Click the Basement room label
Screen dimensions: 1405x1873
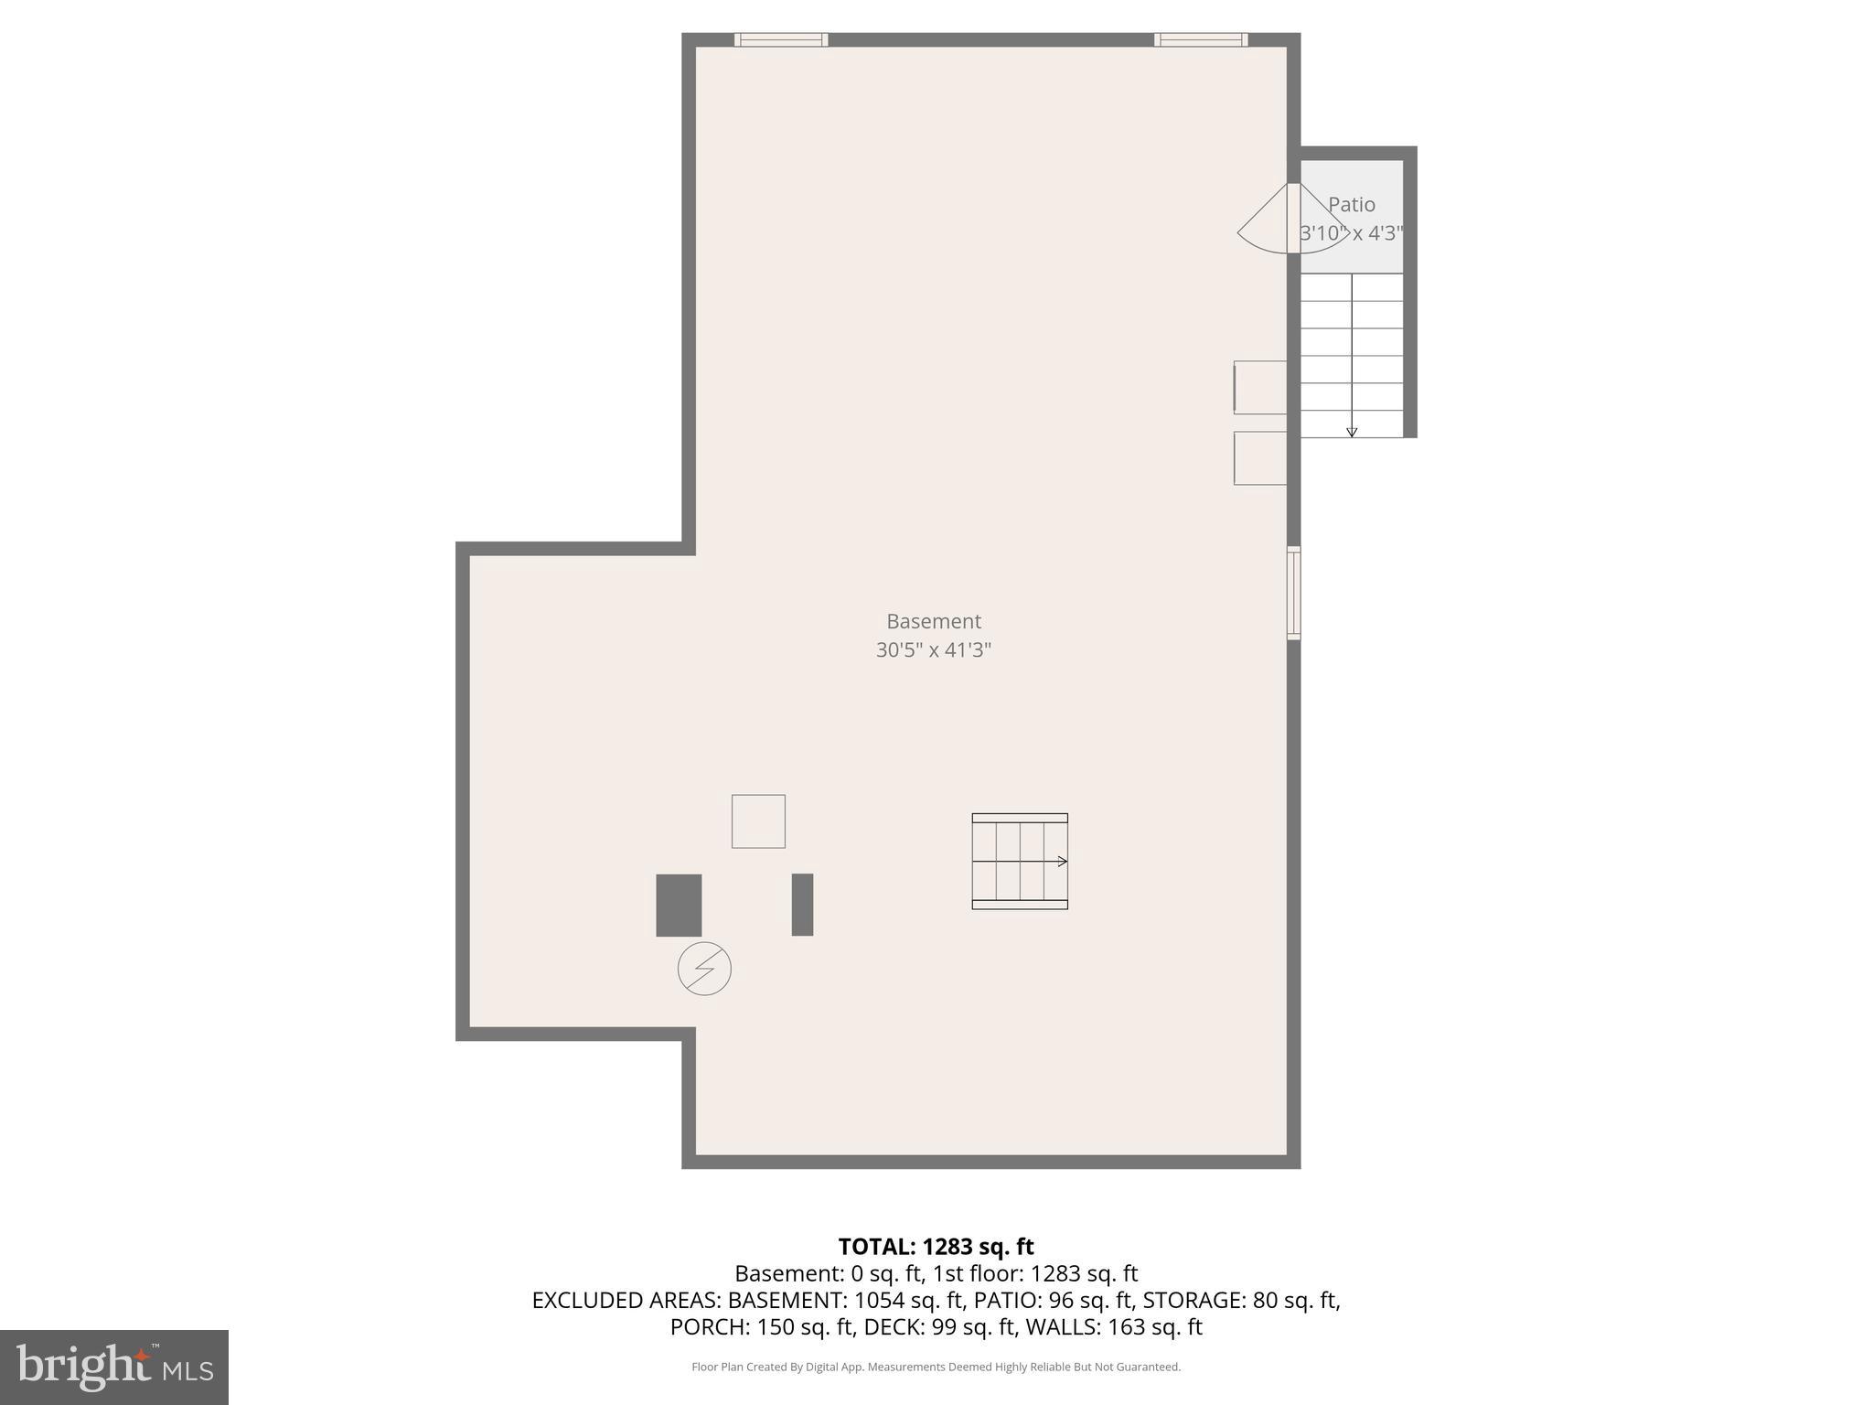click(933, 621)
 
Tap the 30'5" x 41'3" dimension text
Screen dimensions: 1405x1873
click(933, 650)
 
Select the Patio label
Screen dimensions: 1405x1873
click(1351, 205)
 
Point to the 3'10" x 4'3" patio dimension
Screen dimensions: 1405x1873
click(1351, 233)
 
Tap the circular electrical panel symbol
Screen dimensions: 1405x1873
click(704, 969)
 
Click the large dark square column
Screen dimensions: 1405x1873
click(679, 905)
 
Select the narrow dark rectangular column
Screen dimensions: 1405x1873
click(802, 905)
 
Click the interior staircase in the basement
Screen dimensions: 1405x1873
click(1019, 861)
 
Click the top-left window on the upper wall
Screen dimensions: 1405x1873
click(781, 39)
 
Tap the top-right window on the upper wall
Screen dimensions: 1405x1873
click(1200, 39)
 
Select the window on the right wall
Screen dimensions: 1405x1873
click(1293, 593)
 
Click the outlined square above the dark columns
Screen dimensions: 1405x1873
click(758, 821)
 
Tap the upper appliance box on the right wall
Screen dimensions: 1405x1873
click(1259, 387)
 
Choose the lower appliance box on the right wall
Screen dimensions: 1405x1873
click(1259, 458)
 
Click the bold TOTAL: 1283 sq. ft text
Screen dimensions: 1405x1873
click(936, 1247)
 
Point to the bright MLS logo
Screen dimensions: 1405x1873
click(113, 1367)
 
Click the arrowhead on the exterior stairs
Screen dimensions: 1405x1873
click(1352, 432)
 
